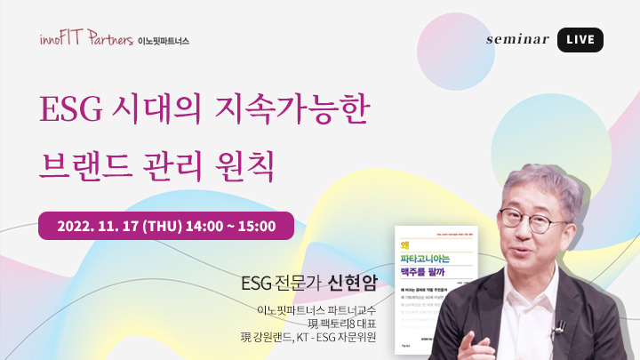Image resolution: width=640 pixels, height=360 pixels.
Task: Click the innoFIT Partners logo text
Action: click(85, 39)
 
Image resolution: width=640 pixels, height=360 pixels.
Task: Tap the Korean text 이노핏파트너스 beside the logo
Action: click(164, 41)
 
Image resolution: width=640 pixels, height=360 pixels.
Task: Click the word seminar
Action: click(518, 40)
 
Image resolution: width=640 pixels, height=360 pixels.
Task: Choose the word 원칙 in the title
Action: click(248, 164)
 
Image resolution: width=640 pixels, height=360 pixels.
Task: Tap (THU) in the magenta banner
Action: click(163, 226)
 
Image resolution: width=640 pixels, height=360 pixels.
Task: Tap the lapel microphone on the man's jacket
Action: click(559, 330)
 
